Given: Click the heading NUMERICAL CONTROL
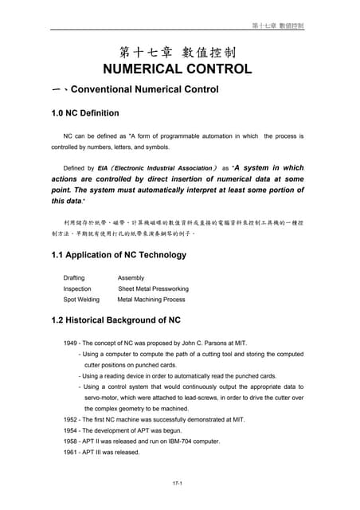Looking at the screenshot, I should click(x=178, y=69).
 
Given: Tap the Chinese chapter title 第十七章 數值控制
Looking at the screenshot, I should click(x=178, y=53).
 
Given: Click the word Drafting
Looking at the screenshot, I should click(x=74, y=277).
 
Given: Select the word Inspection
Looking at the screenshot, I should click(x=77, y=288).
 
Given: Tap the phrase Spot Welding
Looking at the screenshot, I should click(x=81, y=300).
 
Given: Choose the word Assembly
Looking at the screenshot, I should click(x=131, y=277).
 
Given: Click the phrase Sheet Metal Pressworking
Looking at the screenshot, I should click(x=153, y=288).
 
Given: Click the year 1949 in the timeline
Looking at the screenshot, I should click(x=70, y=343).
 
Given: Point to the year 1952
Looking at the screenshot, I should click(x=70, y=419).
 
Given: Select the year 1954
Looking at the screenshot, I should click(x=70, y=430).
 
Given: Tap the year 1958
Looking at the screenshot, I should click(x=70, y=441).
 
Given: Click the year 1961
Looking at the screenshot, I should click(x=70, y=452).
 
